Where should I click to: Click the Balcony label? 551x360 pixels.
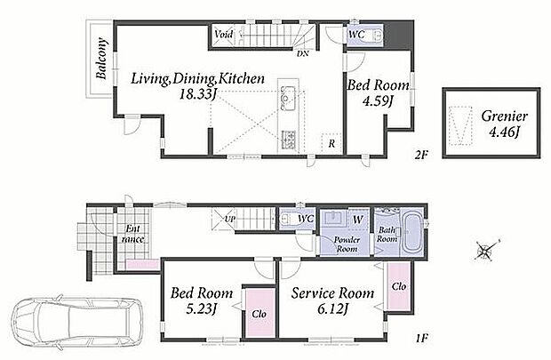[101, 59]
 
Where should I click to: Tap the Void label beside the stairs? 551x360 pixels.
[223, 34]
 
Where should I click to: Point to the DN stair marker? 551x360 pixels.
[302, 54]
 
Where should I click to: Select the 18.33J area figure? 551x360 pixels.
[197, 94]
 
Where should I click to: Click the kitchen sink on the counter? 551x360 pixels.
[288, 98]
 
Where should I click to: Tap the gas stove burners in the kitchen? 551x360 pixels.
[288, 140]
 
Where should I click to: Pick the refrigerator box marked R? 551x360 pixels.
[331, 143]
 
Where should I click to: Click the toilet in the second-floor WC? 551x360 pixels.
[376, 36]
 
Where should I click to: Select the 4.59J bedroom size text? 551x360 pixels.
[378, 101]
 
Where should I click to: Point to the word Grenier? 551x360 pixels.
[504, 116]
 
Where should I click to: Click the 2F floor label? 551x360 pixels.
[421, 155]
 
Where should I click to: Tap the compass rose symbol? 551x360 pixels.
[486, 251]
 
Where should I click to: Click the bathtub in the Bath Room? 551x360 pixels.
[411, 232]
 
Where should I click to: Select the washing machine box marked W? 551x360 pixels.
[358, 220]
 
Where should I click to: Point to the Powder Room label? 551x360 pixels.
[347, 244]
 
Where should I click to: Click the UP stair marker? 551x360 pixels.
[230, 219]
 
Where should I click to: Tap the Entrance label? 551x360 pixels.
[132, 234]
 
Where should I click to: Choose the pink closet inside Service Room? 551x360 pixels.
[400, 286]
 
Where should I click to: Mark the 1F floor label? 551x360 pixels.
[421, 339]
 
